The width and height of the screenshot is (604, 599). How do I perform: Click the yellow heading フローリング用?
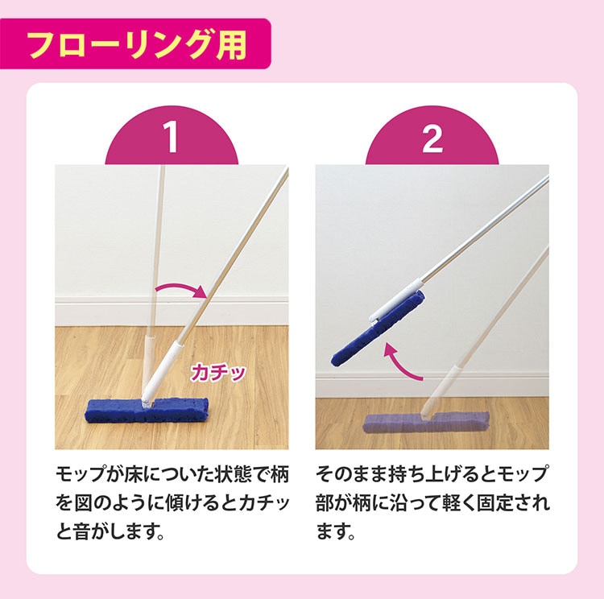pos(138,44)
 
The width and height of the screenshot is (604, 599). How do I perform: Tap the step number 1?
pos(171,137)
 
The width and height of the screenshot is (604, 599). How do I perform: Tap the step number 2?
pos(432,138)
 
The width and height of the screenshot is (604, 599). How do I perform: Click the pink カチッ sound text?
pos(218,373)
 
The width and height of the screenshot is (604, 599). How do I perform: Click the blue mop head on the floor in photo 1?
pos(147,410)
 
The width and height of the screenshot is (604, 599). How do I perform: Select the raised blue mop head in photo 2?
pos(378,328)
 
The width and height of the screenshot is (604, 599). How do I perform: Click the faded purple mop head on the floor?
pos(426,423)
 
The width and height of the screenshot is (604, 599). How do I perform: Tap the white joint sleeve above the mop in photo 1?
pos(161,369)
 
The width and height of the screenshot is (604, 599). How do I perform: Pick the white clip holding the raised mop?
pos(394,302)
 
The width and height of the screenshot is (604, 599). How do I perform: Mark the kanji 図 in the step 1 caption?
pos(84,503)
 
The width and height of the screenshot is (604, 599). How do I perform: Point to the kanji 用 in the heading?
pos(231,45)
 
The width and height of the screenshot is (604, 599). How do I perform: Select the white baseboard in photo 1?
pos(172,311)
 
